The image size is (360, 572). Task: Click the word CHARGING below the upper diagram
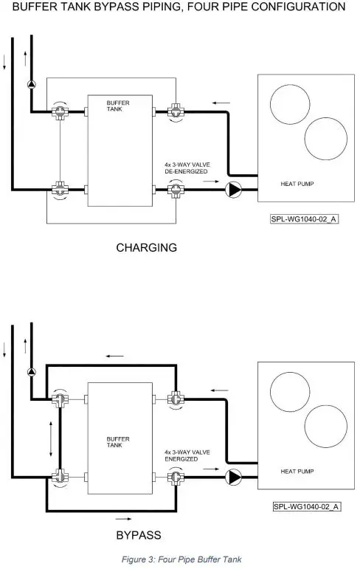[x=146, y=248]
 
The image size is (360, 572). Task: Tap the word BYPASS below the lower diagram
[x=139, y=535]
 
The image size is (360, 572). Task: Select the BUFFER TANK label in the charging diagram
[x=118, y=106]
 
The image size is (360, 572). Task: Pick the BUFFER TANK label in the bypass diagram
[x=118, y=442]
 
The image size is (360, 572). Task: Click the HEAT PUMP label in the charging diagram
[x=297, y=184]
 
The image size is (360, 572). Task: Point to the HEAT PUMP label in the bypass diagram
[x=297, y=472]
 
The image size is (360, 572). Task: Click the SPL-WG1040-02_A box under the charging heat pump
[x=304, y=219]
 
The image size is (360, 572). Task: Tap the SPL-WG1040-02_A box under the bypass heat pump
[x=306, y=506]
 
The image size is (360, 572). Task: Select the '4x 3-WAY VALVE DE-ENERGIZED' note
[x=187, y=168]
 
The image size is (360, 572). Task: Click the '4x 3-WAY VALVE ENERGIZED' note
[x=187, y=455]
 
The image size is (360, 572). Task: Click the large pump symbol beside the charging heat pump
[x=233, y=190]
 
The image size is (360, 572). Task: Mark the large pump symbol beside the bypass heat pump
[x=233, y=477]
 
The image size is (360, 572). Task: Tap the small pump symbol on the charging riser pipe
[x=32, y=85]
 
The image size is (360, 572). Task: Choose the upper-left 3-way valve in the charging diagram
[x=60, y=111]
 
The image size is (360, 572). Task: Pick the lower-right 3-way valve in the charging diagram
[x=176, y=190]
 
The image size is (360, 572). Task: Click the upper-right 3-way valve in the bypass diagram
[x=176, y=399]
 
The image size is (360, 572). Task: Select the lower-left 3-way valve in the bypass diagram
[x=60, y=477]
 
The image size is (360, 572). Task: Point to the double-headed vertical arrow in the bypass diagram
[x=51, y=439]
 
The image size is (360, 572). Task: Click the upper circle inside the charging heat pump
[x=290, y=104]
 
